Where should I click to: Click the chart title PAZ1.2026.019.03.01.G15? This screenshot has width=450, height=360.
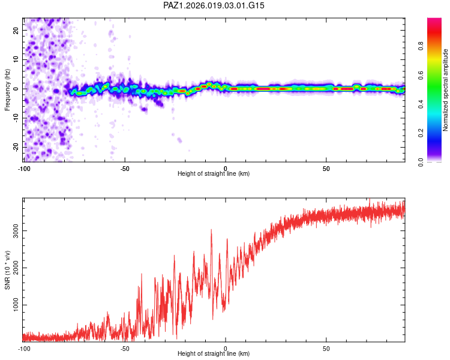pos(214,5)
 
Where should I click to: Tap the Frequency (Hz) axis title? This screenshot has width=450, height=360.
pos(7,90)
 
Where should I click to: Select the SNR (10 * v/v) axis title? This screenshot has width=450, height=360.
pos(7,270)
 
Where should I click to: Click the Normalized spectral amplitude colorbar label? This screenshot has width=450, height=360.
pos(445,90)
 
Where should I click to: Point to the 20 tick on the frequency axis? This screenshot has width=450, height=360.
pos(16,30)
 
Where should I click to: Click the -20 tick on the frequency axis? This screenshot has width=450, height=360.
pos(16,148)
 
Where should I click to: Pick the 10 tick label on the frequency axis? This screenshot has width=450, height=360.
pos(16,59)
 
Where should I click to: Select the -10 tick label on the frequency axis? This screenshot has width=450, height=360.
pos(16,118)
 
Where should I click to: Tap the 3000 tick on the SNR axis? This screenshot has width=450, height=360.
pos(16,230)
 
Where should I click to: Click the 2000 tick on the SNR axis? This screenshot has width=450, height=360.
pos(16,268)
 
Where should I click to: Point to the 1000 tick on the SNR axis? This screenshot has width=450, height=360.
pos(16,305)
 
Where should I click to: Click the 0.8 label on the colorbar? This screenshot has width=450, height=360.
pos(421,46)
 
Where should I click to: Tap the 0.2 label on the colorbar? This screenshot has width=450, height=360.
pos(421,133)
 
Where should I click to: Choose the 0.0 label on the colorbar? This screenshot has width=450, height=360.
pos(421,162)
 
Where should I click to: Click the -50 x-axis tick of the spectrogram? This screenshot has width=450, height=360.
pos(125,169)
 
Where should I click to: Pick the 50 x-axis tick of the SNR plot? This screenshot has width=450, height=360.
pos(326,349)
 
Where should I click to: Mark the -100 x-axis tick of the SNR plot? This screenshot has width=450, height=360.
pos(24,349)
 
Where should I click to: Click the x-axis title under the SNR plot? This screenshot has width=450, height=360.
pos(214,353)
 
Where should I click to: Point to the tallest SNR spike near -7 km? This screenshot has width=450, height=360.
pos(212,230)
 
